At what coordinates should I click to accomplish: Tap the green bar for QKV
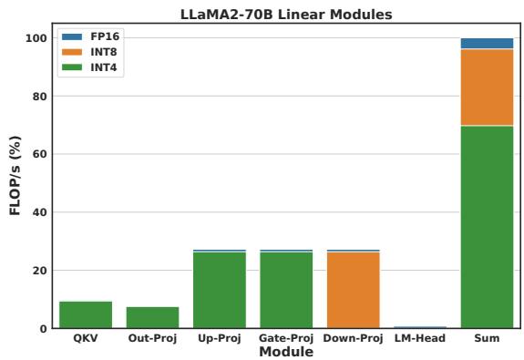[86, 314]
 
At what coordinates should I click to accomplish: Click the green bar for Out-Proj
[152, 317]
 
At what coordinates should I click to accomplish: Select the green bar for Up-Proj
[220, 290]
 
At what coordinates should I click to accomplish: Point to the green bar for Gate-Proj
[286, 290]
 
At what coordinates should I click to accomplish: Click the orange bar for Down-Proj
[353, 290]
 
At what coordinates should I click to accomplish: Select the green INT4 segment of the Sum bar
[487, 227]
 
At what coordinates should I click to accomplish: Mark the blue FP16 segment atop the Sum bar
[487, 44]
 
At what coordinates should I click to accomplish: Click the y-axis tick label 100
[36, 38]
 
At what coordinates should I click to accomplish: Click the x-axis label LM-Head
[419, 339]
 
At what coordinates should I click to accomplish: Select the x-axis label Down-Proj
[353, 339]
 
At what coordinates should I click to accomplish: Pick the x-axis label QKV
[86, 339]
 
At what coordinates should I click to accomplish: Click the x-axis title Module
[286, 352]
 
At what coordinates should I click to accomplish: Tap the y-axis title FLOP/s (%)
[14, 182]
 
